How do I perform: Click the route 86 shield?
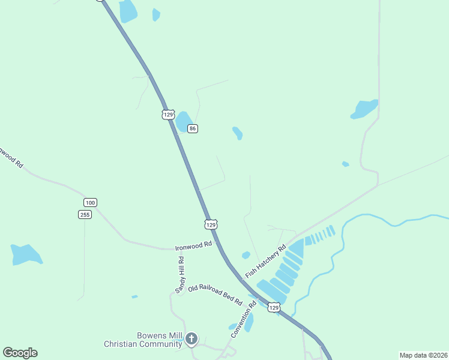coord(192,129)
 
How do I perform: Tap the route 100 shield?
coord(90,202)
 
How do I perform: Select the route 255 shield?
coord(85,214)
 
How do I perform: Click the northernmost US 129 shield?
coord(168,114)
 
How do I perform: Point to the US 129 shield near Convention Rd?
coord(274,307)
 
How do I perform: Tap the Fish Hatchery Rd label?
coord(265,262)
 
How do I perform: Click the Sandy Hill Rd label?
coord(181,275)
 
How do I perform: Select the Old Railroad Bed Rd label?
coord(214,295)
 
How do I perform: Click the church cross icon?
coord(191,340)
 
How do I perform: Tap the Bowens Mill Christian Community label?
coord(143,340)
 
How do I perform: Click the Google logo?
coord(20,353)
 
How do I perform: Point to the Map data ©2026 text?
coord(423,355)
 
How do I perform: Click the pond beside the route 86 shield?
coord(182,122)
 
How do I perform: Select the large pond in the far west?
coord(26,254)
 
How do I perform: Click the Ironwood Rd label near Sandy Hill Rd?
coord(193,246)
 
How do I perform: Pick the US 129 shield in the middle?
coord(210,224)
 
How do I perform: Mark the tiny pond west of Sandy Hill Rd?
coord(134,296)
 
